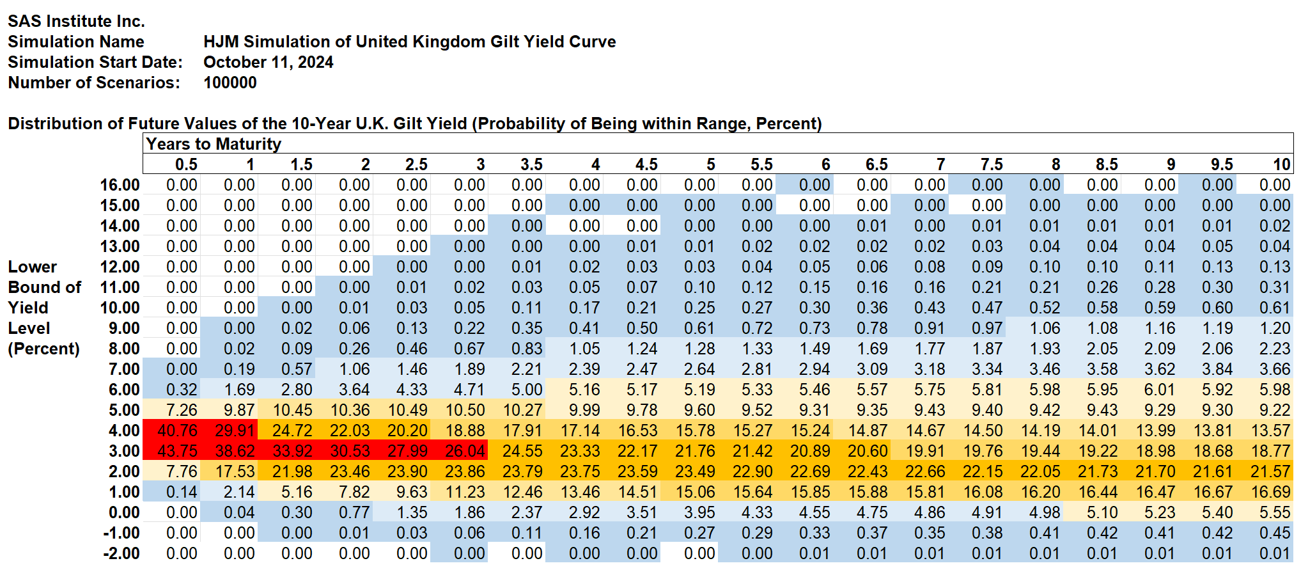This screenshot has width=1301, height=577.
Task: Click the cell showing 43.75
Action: pos(177,451)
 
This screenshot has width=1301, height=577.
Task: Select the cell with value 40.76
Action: pos(177,431)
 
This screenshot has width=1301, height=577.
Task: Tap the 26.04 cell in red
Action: pos(465,451)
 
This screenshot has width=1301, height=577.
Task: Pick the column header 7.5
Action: pos(992,164)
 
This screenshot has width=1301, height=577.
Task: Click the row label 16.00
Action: pos(120,185)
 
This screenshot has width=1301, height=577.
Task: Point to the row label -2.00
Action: pos(121,553)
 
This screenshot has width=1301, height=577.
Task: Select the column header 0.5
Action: pos(186,164)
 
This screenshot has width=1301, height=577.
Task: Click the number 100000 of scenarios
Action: pos(230,83)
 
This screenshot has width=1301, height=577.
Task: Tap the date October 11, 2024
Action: pos(269,62)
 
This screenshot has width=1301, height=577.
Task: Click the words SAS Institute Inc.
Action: pos(76,21)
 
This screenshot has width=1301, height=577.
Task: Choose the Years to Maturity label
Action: pos(214,144)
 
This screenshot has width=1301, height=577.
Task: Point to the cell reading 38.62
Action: pos(235,451)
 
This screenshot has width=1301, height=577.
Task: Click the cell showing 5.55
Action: pos(1275,512)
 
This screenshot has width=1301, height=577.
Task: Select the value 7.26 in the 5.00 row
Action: pos(182,410)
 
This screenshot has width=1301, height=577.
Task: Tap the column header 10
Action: pos(1281,164)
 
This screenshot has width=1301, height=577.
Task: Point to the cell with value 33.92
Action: pos(292,451)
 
